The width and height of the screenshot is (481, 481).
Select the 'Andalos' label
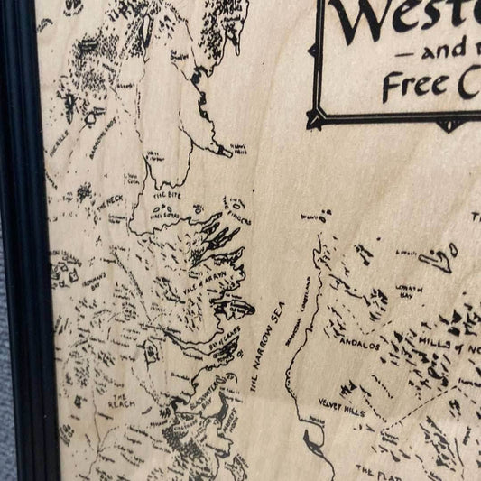pyautogui.click(x=357, y=345)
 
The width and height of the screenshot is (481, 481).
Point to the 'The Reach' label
pyautogui.click(x=121, y=398)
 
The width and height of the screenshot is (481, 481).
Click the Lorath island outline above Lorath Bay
pyautogui.click(x=439, y=261)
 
